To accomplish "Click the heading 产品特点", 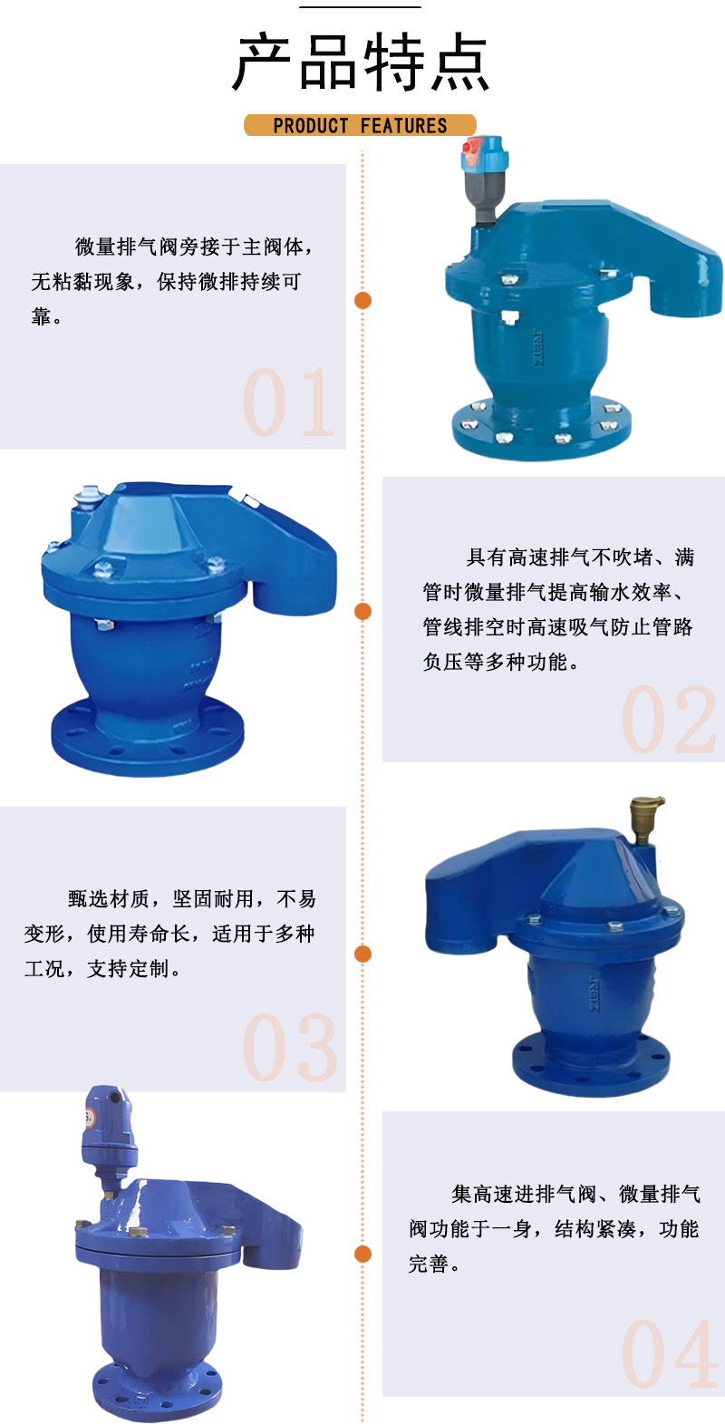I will tap(361, 63).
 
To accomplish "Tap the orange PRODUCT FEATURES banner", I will tap(360, 125).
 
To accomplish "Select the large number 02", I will tap(669, 721).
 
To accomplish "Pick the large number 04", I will tap(669, 1354).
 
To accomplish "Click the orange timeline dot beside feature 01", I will tap(363, 300).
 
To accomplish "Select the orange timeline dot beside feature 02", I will tap(363, 611).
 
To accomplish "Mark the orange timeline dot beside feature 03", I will tap(363, 954).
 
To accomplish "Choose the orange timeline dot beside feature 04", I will tap(363, 1254).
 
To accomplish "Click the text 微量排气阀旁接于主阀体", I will tap(193, 247).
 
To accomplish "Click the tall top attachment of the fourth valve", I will tap(109, 1133).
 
